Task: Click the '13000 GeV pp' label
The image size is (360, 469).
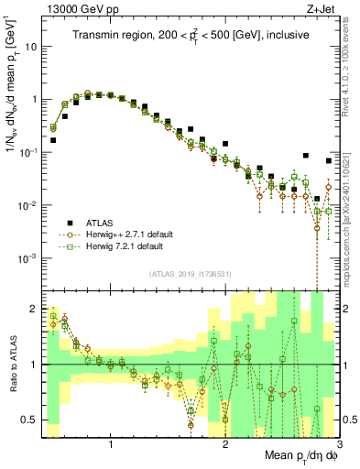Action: [78, 8]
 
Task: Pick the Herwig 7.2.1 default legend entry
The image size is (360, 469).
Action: [128, 246]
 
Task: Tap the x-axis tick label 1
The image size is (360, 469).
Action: [111, 444]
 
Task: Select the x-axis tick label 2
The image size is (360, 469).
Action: [225, 444]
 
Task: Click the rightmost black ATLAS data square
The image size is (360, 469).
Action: [329, 161]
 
